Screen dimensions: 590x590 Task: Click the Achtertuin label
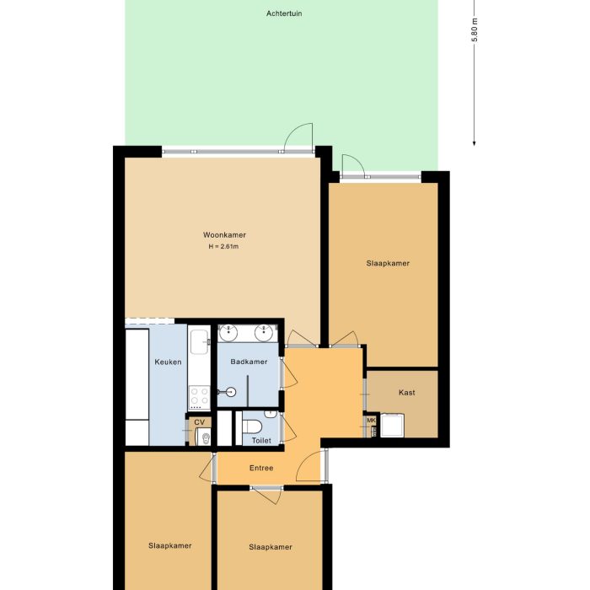pyautogui.click(x=284, y=14)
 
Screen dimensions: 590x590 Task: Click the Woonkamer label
pyautogui.click(x=224, y=234)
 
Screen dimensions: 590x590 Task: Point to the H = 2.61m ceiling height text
pyautogui.click(x=224, y=247)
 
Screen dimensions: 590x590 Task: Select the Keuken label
pyautogui.click(x=168, y=362)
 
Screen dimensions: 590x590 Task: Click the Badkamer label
pyautogui.click(x=249, y=362)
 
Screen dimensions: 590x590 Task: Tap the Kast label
pyautogui.click(x=406, y=393)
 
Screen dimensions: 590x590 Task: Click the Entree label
pyautogui.click(x=261, y=468)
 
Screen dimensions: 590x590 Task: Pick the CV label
pyautogui.click(x=199, y=421)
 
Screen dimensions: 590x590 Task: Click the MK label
pyautogui.click(x=371, y=421)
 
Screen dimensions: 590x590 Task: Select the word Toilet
pyautogui.click(x=260, y=440)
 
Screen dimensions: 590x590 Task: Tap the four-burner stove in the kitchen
pyautogui.click(x=199, y=396)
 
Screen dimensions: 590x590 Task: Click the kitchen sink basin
pyautogui.click(x=199, y=341)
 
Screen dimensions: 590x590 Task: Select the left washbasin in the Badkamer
pyautogui.click(x=230, y=333)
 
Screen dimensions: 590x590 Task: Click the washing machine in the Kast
pyautogui.click(x=393, y=426)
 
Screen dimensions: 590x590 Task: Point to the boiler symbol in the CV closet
pyautogui.click(x=202, y=437)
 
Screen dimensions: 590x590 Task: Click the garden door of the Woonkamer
pyautogui.click(x=298, y=139)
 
